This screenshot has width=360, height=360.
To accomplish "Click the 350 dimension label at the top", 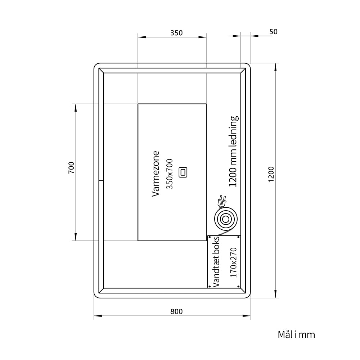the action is [176, 33].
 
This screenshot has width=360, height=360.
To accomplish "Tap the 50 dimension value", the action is [273, 32].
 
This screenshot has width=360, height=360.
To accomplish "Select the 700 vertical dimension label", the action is [71, 168].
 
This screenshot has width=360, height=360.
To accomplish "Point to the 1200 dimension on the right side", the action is [271, 174].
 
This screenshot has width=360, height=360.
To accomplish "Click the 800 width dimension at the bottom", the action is [176, 311].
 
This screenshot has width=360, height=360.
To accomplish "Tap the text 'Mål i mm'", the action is [296, 334].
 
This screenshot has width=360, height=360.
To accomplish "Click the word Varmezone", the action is [156, 174].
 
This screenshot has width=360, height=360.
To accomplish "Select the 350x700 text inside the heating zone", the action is [170, 174].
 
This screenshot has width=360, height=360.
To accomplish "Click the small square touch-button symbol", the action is [183, 172].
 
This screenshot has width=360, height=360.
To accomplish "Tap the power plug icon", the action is [221, 201].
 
